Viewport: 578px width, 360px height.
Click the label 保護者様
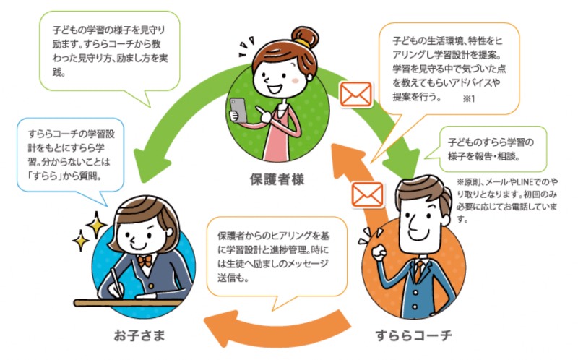tap(279, 179)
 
